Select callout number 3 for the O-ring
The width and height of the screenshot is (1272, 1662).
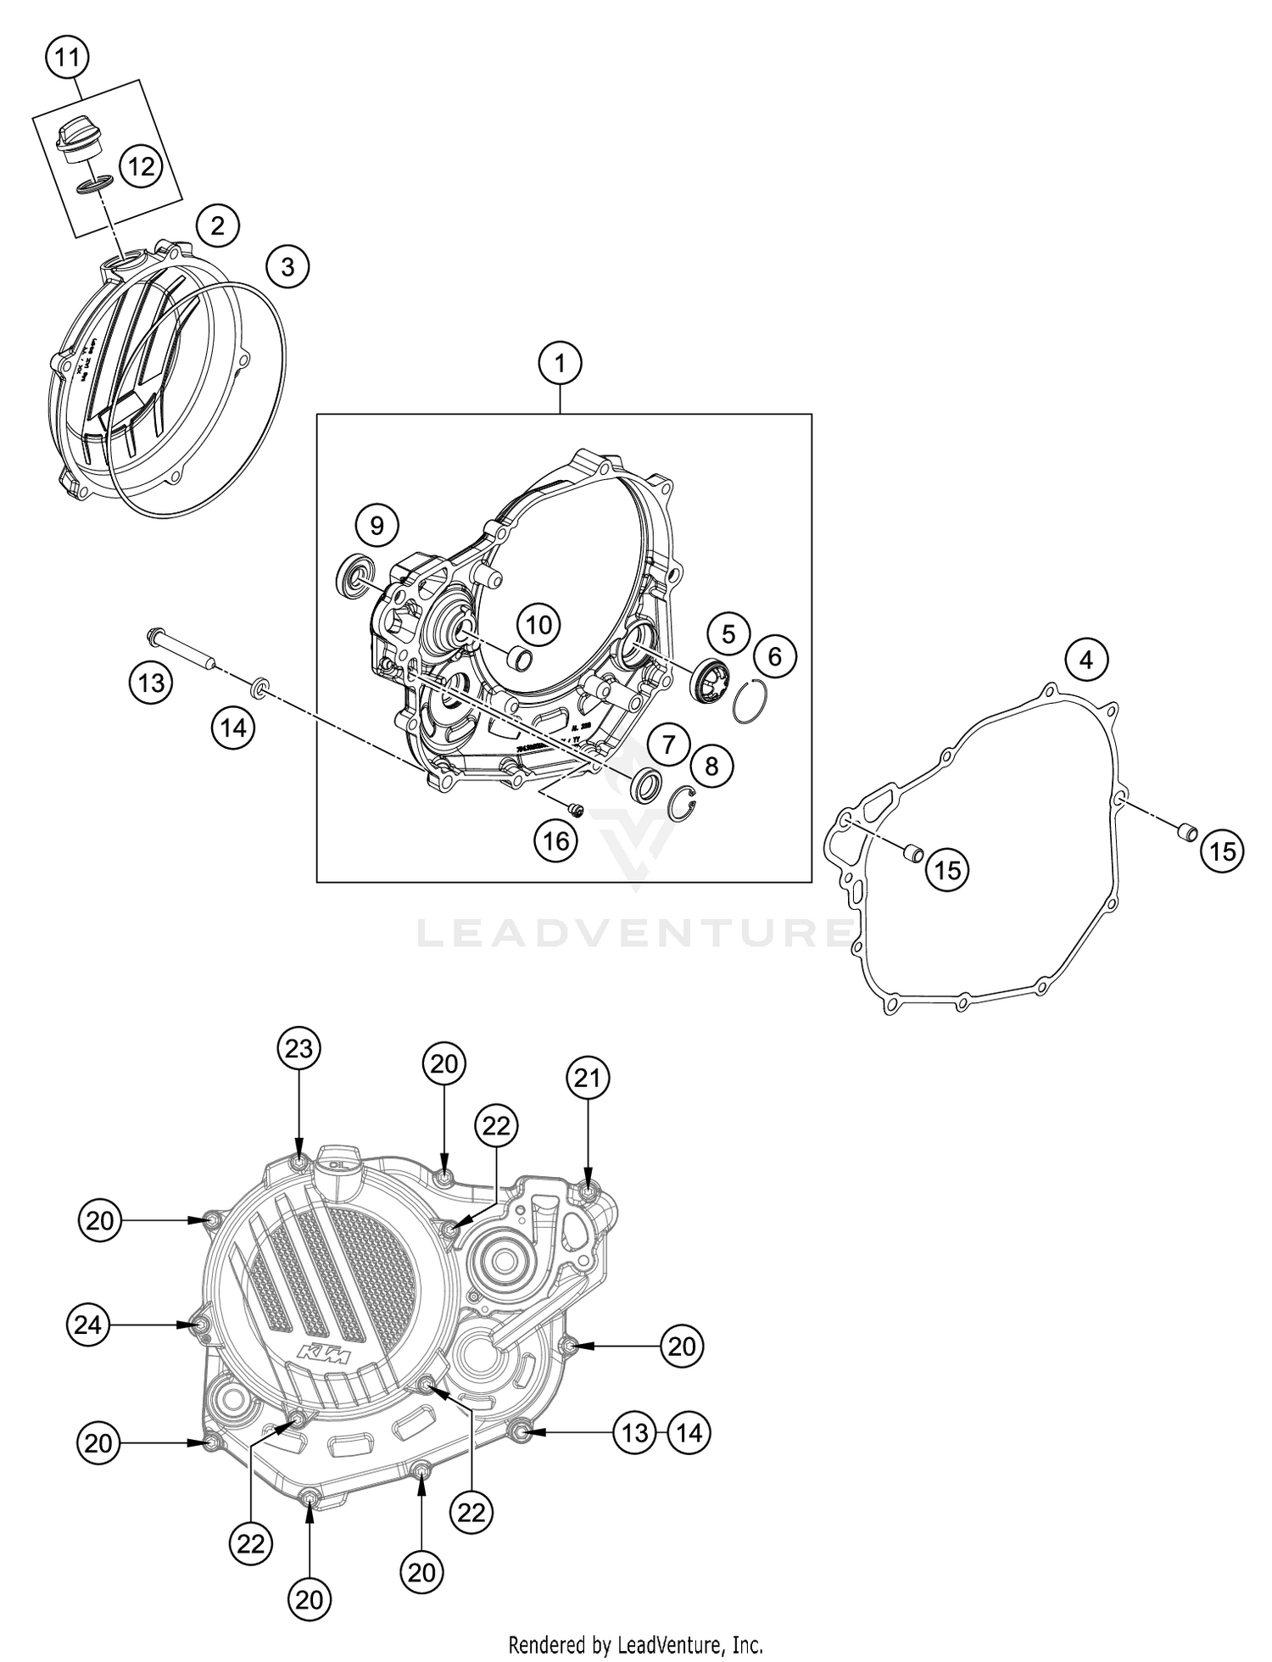point(287,266)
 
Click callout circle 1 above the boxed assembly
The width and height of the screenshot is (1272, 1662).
point(560,364)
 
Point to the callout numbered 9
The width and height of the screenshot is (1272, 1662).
point(377,526)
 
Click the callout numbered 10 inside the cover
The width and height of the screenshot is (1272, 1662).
point(538,625)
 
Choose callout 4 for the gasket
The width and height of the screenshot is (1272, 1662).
point(1087,659)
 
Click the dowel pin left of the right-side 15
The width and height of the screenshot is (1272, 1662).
point(1186,831)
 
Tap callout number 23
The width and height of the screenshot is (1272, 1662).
point(298,1049)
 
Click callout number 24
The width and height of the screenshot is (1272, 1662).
point(88,1325)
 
